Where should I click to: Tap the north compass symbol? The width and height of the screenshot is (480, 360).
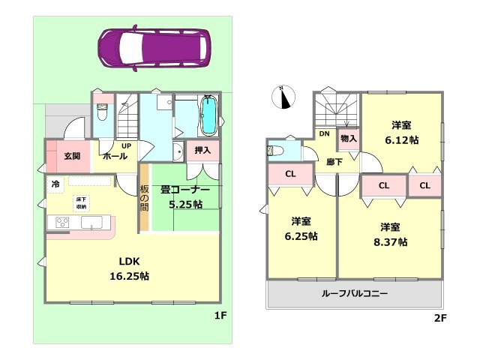283,98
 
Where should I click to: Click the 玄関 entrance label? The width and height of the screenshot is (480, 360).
72,156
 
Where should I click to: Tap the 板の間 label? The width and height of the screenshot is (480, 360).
144,197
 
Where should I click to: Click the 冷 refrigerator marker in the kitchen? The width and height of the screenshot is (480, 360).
55,184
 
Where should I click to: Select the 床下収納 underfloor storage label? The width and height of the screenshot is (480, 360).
80,202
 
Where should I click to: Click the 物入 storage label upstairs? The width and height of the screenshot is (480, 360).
349,139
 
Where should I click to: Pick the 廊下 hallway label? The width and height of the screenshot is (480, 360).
324,162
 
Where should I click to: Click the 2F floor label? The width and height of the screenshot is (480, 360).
439,318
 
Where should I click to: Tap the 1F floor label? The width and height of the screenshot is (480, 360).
219,316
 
